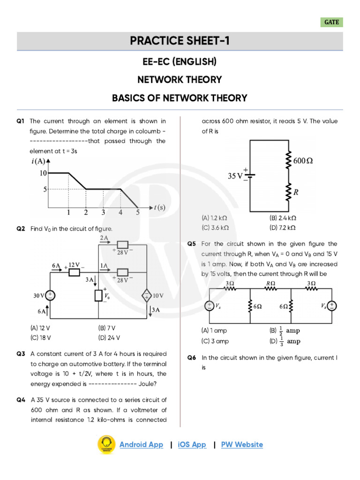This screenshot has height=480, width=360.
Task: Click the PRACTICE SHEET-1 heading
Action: [x=180, y=41]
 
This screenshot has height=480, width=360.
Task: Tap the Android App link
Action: [x=141, y=444]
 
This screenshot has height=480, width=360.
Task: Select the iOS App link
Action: [x=192, y=444]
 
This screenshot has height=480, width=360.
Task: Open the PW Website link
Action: [x=242, y=444]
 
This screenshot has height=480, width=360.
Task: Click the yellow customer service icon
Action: [x=106, y=444]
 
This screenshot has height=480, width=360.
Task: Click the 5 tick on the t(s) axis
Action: [x=138, y=212]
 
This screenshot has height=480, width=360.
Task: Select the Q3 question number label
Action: [x=20, y=354]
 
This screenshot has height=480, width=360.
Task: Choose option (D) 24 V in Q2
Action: [x=109, y=337]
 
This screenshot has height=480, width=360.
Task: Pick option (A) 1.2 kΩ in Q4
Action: [x=215, y=218]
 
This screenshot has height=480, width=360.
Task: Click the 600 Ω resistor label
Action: [x=303, y=161]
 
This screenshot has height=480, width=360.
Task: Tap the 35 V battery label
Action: [x=235, y=176]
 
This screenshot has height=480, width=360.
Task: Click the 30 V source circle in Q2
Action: [x=50, y=295]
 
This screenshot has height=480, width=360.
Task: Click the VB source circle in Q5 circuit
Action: [x=331, y=306]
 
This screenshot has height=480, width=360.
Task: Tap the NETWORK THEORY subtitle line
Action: [x=180, y=80]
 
